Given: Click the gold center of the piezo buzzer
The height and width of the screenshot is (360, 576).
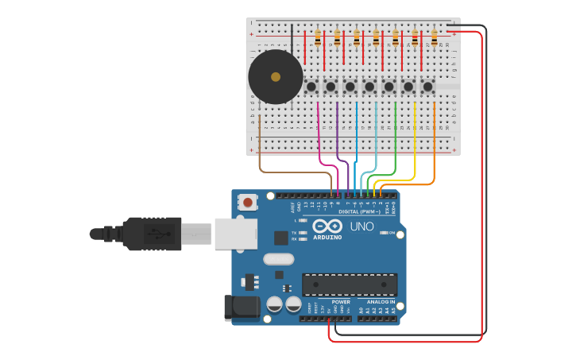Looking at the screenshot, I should [x=276, y=77].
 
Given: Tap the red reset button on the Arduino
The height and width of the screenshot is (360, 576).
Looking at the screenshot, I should [x=248, y=202].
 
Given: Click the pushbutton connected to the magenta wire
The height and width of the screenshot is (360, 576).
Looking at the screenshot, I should [x=311, y=86].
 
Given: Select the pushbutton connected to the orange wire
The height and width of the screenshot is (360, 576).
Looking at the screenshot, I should [x=428, y=86].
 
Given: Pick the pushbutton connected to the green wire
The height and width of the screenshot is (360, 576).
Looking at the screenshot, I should [x=389, y=86].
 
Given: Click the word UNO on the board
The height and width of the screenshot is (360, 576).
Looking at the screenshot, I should [x=361, y=226].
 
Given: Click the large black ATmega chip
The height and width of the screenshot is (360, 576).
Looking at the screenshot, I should [x=350, y=285].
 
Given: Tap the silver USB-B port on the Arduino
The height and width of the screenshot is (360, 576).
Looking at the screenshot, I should [x=236, y=234].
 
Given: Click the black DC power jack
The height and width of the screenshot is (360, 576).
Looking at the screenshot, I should [x=242, y=308].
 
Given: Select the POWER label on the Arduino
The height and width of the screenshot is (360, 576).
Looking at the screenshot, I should [x=340, y=302].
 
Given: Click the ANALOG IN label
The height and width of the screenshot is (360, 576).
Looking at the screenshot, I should [x=381, y=302].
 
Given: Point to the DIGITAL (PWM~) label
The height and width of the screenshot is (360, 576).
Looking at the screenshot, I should [x=358, y=212].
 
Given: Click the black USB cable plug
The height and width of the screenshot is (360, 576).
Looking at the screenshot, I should [x=151, y=234].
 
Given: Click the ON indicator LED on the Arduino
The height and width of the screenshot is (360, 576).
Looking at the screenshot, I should [x=383, y=233].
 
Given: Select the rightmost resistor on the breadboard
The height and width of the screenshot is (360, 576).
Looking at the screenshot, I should [x=434, y=37].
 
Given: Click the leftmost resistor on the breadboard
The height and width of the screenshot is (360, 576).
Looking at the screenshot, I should [x=318, y=37].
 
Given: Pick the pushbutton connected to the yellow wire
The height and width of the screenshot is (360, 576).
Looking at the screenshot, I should [x=408, y=86].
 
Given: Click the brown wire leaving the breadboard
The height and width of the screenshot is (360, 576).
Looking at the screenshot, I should [x=260, y=151].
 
